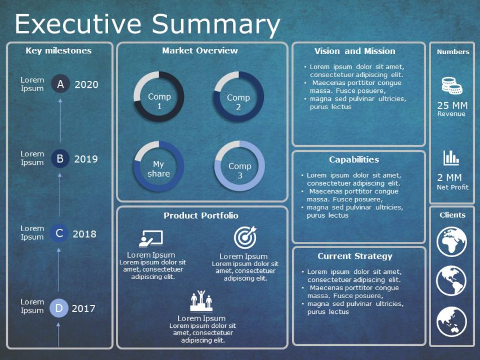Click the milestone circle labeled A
pyautogui.click(x=61, y=84)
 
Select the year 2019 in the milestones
pyautogui.click(x=86, y=159)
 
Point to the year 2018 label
pyautogui.click(x=84, y=234)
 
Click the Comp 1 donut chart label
pyautogui.click(x=159, y=101)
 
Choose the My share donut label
pyautogui.click(x=159, y=169)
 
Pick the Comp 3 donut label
pyautogui.click(x=240, y=170)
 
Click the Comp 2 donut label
pyautogui.click(x=239, y=102)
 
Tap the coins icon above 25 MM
pyautogui.click(x=451, y=85)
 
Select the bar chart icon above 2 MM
pyautogui.click(x=451, y=157)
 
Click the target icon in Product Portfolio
pyautogui.click(x=245, y=238)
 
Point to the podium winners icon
pyautogui.click(x=201, y=301)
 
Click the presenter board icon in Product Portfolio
pyautogui.click(x=151, y=238)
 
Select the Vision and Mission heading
pyautogui.click(x=355, y=51)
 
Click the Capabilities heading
pyautogui.click(x=354, y=160)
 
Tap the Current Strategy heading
pyautogui.click(x=355, y=256)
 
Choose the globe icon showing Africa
pyautogui.click(x=452, y=241)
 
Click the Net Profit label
pyautogui.click(x=452, y=187)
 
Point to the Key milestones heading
pyautogui.click(x=59, y=51)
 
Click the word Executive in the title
pyautogui.click(x=78, y=24)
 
